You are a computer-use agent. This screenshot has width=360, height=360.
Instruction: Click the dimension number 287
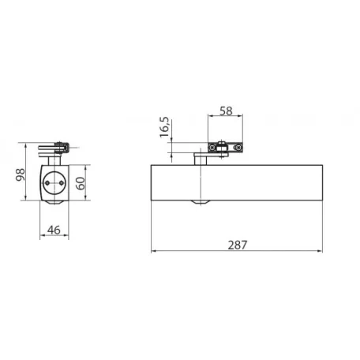(238, 245)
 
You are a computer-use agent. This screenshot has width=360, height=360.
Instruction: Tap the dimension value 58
(226, 111)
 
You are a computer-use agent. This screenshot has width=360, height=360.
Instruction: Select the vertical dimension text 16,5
(165, 127)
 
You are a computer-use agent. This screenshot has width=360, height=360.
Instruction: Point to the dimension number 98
(21, 174)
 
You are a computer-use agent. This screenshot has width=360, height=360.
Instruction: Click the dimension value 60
(81, 183)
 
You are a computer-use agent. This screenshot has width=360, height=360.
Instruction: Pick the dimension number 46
(54, 230)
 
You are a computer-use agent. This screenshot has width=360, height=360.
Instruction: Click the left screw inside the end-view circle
(47, 183)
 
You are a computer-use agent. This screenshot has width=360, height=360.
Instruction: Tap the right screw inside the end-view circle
(62, 183)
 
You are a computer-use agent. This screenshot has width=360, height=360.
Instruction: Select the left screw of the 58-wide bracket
(212, 148)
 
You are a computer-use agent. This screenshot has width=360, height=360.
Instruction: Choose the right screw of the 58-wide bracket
(238, 148)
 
